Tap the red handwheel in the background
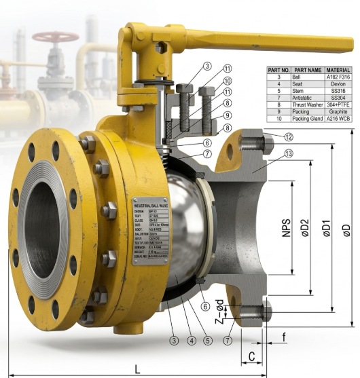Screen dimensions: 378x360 coord(56,36)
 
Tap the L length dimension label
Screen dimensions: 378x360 coord(138,368)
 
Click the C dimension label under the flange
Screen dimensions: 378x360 coord(251,355)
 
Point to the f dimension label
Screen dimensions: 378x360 coord(283,335)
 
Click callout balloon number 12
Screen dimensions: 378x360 coord(289,137)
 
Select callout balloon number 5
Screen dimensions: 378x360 coord(209,340)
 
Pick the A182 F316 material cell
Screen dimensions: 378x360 coord(338,77)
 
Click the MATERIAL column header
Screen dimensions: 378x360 coord(338,70)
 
